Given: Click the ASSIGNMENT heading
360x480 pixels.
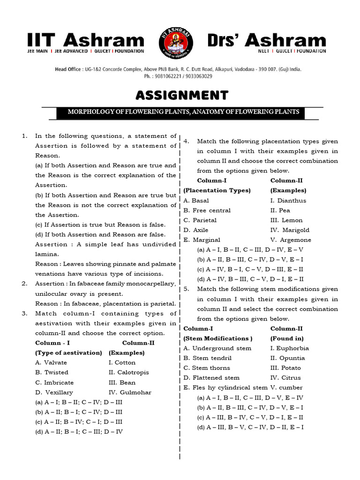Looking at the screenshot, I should pyautogui.click(x=182, y=96).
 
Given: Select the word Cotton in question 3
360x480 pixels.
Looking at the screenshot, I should pyautogui.click(x=125, y=362).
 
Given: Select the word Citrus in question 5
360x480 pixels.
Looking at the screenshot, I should pyautogui.click(x=291, y=378).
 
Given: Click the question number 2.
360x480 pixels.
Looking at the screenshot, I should pyautogui.click(x=24, y=284).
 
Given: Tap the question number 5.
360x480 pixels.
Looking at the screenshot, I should pyautogui.click(x=186, y=289).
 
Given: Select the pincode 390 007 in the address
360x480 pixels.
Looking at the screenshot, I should pyautogui.click(x=271, y=69).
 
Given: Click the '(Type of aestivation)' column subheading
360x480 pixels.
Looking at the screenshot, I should pyautogui.click(x=68, y=352).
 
